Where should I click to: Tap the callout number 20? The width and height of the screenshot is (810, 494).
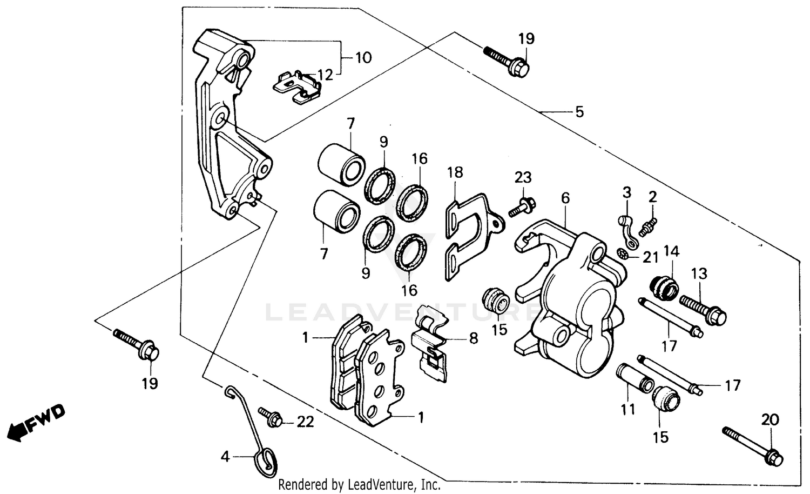(x=770, y=419)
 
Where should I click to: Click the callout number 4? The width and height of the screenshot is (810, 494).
(x=225, y=457)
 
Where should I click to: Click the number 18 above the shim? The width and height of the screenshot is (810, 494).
(x=455, y=172)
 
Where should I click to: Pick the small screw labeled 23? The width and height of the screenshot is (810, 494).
(x=521, y=206)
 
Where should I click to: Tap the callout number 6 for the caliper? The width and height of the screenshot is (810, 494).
(x=565, y=198)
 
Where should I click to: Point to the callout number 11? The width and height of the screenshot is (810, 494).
(x=627, y=410)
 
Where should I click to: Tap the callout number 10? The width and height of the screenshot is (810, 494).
(x=363, y=57)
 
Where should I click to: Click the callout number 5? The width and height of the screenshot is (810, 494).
(x=579, y=112)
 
